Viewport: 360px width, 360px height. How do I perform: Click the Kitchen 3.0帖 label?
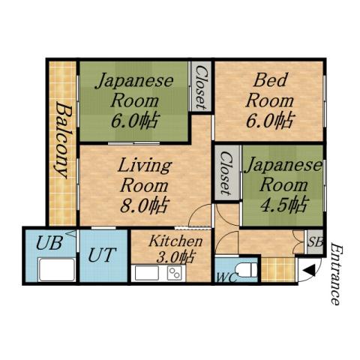[175, 249]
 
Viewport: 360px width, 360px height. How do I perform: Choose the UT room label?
[102, 254]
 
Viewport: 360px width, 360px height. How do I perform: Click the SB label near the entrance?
[314, 243]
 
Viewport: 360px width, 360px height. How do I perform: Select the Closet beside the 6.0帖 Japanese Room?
[201, 87]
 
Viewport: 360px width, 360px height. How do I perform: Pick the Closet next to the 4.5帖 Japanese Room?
[226, 173]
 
